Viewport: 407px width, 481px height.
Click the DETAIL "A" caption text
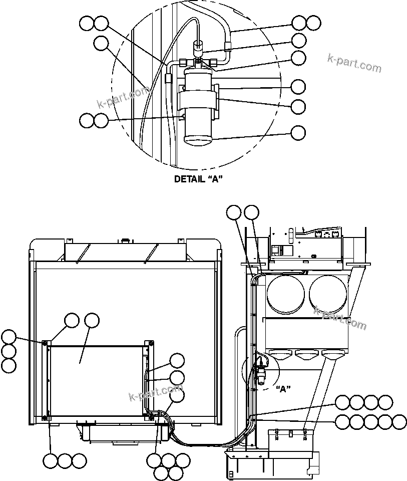pos(198,179)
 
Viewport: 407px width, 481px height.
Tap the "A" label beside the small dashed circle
pos(283,388)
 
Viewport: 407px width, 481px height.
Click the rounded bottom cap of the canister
pos(199,139)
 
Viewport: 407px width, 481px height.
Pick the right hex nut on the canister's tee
pos(214,63)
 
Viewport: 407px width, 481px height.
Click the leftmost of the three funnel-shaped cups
pos(282,356)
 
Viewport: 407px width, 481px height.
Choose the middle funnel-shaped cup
pos(306,356)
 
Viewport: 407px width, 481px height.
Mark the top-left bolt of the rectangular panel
pos(45,343)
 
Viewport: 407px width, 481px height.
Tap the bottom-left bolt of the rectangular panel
pos(45,417)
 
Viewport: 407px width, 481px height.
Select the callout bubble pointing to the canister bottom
pos(298,133)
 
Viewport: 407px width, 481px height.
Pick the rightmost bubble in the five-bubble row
pos(399,422)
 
